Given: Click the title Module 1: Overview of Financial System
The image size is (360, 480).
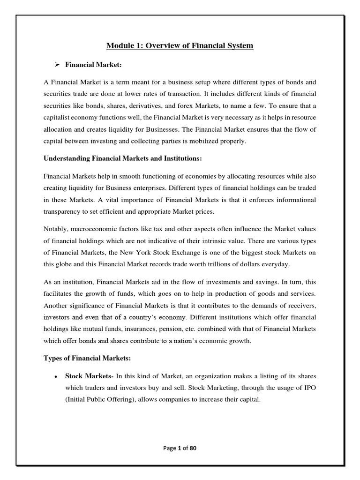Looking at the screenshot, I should [x=180, y=45].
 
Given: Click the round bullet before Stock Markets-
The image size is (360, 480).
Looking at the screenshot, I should [x=56, y=376].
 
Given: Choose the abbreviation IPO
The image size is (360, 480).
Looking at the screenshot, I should [x=310, y=389].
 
